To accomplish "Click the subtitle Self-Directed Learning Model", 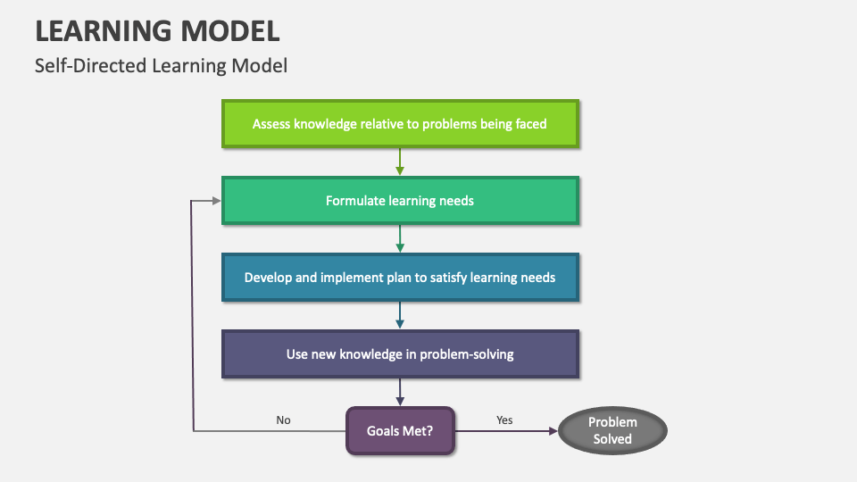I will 161,66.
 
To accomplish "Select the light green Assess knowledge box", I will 400,124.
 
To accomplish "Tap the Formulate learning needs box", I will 400,201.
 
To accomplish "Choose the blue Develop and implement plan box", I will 400,278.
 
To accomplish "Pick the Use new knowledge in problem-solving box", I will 400,354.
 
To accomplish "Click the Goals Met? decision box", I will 400,431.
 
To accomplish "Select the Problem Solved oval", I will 612,431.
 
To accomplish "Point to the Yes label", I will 504,420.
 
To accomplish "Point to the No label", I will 283,420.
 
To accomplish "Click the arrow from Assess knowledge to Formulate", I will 400,162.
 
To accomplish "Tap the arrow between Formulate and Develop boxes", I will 400,238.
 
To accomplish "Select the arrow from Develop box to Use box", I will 400,315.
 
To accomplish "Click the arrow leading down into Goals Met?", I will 400,392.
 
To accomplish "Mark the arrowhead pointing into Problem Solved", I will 551,431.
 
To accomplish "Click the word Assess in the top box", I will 271,124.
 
